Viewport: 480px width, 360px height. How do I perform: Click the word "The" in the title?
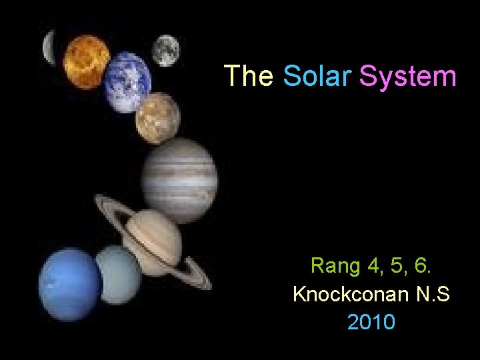point(248,77)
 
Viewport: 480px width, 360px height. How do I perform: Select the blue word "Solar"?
point(317,77)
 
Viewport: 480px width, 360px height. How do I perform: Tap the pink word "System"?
point(408,77)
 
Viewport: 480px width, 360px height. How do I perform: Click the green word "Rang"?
point(335,267)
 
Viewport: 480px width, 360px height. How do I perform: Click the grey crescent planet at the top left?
point(49,47)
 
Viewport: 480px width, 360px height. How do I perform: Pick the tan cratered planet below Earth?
point(157,117)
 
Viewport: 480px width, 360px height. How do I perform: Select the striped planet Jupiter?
point(179,172)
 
